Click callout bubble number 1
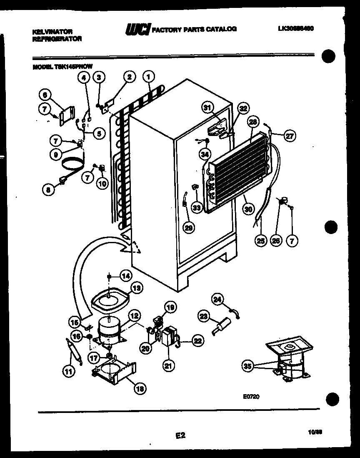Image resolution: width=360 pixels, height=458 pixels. (148, 76)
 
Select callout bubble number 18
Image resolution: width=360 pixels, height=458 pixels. (140, 389)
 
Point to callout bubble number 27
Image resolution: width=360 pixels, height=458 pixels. (290, 135)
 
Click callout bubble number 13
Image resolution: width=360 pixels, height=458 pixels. (136, 287)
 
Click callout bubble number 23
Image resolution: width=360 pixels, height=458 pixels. (204, 316)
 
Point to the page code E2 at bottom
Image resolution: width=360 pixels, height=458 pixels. (180, 435)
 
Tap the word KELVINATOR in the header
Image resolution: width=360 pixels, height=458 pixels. (52, 31)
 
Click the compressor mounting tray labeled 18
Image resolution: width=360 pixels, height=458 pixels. (113, 372)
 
